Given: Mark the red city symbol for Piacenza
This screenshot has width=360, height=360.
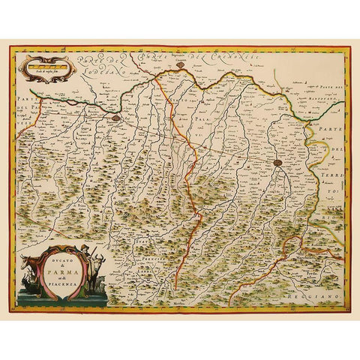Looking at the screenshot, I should click(115, 117).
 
